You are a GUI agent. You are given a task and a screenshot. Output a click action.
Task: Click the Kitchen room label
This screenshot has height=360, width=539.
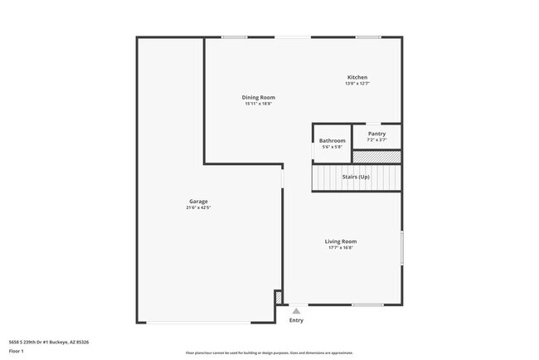point(357,77)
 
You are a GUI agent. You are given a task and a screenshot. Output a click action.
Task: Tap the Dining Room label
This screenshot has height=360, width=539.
point(258,98)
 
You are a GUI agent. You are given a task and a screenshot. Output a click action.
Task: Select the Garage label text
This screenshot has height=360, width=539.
point(198,201)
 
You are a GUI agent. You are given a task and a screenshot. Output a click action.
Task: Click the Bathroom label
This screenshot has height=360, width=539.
point(332,141)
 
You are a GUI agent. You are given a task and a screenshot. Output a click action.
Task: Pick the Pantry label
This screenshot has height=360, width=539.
point(376,134)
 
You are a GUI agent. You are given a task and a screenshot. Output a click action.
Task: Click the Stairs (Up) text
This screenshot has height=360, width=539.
point(356,177)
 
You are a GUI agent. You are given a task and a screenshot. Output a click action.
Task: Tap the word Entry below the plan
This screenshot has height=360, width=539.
point(296,320)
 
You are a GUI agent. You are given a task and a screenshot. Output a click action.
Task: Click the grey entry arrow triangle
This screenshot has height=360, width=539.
point(296,311)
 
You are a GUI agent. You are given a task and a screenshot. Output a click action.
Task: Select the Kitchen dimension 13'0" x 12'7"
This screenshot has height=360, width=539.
point(357,84)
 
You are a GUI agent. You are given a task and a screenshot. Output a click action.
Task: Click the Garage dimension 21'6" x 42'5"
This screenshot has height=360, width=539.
point(198,207)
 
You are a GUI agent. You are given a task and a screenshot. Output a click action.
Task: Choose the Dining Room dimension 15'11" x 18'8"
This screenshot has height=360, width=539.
point(258,105)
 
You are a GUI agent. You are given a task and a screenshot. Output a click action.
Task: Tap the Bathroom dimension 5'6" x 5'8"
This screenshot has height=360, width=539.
point(332,147)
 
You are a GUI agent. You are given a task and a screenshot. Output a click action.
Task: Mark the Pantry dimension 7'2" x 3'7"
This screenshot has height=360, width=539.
point(376,139)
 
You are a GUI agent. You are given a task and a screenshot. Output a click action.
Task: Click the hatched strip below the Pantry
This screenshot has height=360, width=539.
point(376,156)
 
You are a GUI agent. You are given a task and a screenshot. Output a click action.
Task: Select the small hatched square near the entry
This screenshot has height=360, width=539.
point(279,296)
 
